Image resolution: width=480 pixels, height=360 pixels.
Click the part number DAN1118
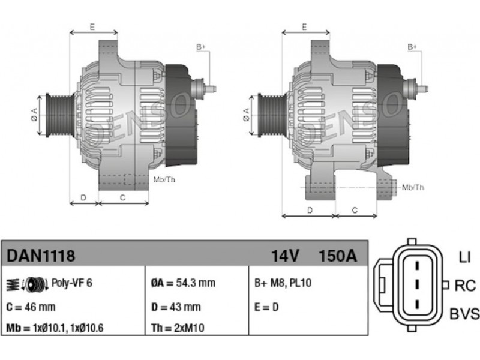(41, 256)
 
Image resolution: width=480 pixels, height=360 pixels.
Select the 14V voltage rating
(285, 256)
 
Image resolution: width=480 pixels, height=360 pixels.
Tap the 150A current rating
(338, 256)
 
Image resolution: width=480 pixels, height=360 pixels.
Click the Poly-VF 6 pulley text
(71, 283)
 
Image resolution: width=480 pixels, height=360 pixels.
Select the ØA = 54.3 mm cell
(183, 283)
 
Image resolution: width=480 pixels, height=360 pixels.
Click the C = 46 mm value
(31, 307)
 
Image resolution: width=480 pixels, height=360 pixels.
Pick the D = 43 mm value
(176, 307)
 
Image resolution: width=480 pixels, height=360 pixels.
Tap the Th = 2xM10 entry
(178, 328)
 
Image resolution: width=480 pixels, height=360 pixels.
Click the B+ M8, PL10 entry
(283, 283)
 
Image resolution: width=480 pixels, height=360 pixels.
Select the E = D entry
(266, 307)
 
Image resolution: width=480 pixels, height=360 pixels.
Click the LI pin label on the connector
(464, 257)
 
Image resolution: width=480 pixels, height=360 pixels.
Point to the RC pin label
(465, 286)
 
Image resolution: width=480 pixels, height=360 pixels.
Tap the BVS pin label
(464, 314)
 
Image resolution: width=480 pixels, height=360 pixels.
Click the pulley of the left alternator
(60, 115)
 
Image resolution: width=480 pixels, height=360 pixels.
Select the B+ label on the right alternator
(412, 47)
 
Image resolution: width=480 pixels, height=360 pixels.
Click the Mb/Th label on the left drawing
(164, 179)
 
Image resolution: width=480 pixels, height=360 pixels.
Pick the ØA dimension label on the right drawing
(247, 115)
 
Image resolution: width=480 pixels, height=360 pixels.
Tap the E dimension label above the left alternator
(92, 27)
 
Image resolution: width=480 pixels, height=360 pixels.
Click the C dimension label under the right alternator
(355, 211)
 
